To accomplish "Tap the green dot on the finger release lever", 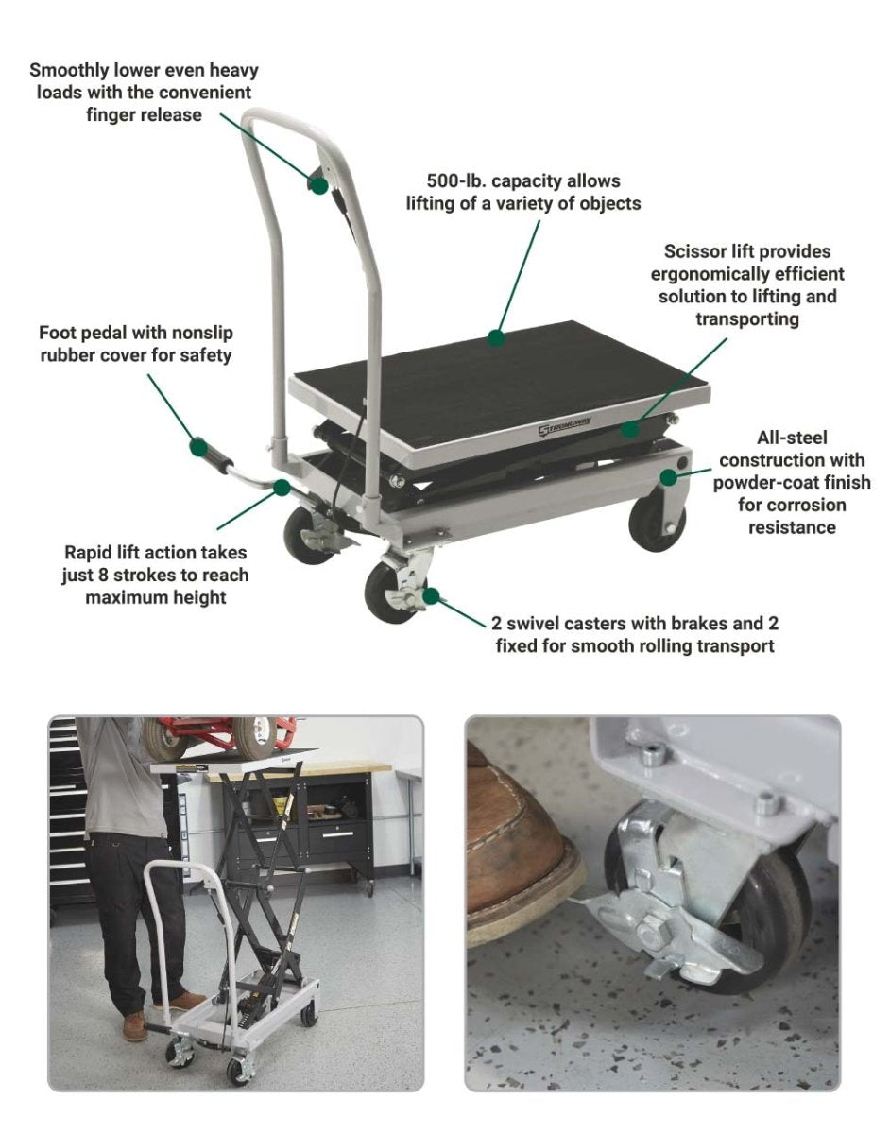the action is click(x=319, y=185).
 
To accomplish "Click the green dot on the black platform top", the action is click(x=496, y=338).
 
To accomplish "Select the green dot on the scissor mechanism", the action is click(x=631, y=429).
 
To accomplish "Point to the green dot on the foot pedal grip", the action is click(x=198, y=447).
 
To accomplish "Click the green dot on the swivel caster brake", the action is click(x=431, y=595).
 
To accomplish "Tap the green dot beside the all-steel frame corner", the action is click(x=668, y=476).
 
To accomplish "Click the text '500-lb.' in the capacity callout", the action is click(x=457, y=180).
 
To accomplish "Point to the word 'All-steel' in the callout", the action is click(x=792, y=438).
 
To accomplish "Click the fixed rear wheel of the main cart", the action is click(x=656, y=524).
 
